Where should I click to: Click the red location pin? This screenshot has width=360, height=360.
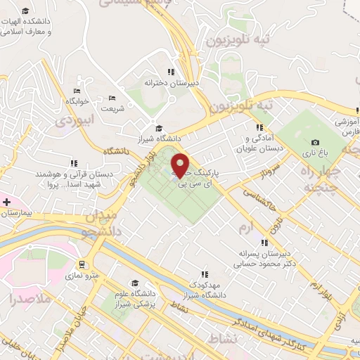[x=180, y=164]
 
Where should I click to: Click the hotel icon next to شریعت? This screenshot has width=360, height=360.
[x=112, y=98]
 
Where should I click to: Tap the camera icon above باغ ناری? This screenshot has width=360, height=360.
[x=315, y=143]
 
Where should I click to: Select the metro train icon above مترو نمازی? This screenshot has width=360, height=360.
[x=83, y=265]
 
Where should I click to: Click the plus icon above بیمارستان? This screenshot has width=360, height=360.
[x=7, y=202]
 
